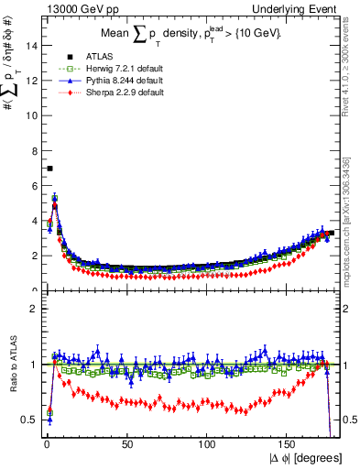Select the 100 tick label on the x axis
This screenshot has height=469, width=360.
208,445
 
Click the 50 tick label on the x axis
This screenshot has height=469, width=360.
127,445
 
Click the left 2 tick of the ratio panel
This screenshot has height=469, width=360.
36,309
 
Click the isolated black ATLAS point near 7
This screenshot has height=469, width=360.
49,169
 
